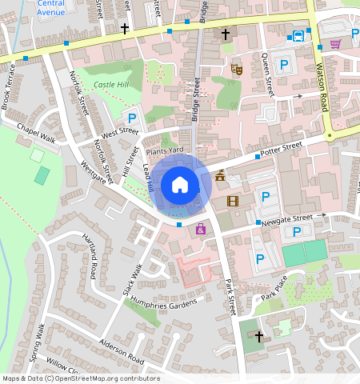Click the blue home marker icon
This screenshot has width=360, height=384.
180,185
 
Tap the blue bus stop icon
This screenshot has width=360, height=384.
298,35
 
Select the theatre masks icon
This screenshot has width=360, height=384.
236,70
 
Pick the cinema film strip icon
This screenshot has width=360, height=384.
233,201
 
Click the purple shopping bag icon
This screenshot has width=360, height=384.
200,230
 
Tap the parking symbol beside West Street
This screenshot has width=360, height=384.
131,118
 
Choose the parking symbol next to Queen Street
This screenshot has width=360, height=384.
282,63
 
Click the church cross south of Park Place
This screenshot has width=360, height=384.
259,337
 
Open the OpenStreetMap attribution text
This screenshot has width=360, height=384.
80,378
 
